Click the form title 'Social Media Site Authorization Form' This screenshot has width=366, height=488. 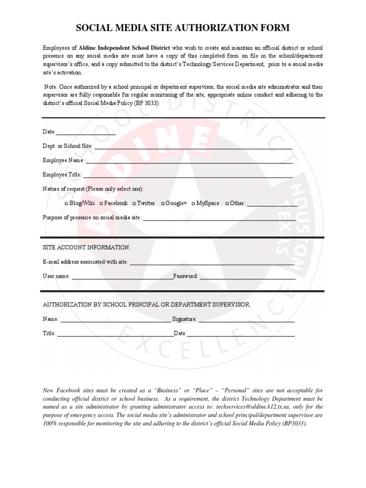pos(183,29)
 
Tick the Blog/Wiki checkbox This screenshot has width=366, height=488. pos(66,203)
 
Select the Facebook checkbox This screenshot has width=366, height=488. pos(101,203)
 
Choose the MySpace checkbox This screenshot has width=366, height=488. pos(193,203)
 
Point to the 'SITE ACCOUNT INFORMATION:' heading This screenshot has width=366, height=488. pos(86,247)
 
